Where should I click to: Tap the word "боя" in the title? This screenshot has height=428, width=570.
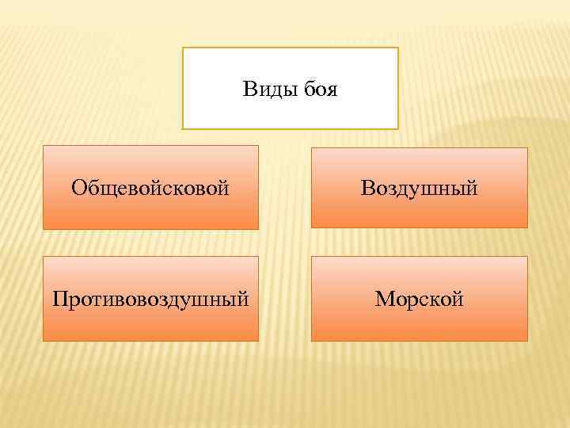point(321,90)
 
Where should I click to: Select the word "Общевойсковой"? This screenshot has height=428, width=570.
point(150,188)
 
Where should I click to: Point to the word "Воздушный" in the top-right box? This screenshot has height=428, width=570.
point(419,188)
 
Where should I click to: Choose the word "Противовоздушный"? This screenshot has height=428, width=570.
point(150,300)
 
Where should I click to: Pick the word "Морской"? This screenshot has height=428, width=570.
point(419,300)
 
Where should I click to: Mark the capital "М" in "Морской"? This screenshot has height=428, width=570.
point(383,300)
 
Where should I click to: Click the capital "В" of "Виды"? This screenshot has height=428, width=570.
point(249,90)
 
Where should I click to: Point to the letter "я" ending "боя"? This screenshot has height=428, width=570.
point(332,90)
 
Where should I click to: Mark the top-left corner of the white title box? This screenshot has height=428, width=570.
point(183,48)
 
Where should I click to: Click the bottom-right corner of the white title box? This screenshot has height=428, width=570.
point(398,128)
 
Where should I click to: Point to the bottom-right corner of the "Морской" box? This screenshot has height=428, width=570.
point(527,341)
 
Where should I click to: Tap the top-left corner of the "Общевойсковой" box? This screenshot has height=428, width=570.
point(43,145)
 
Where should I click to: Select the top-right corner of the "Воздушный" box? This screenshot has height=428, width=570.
point(527,147)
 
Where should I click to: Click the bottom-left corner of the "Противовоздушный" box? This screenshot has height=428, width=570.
point(43,341)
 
